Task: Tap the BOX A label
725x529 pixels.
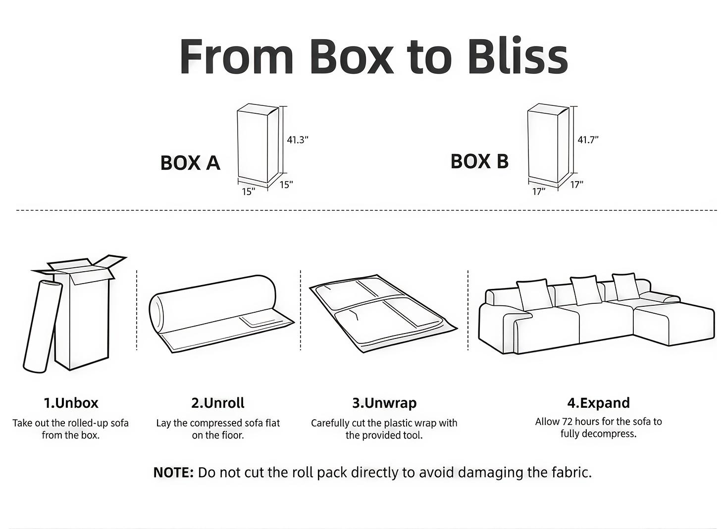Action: click(190, 163)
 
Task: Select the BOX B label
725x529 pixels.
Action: click(479, 161)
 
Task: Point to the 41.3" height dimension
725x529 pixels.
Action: click(297, 140)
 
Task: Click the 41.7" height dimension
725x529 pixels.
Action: click(588, 140)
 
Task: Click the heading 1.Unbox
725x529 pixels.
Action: click(71, 403)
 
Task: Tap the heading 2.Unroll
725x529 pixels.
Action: click(218, 403)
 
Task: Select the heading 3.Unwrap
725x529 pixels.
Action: click(384, 403)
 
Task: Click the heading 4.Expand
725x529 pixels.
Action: click(598, 403)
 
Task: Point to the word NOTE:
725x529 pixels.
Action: click(173, 473)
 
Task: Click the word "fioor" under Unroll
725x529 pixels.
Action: click(232, 435)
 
